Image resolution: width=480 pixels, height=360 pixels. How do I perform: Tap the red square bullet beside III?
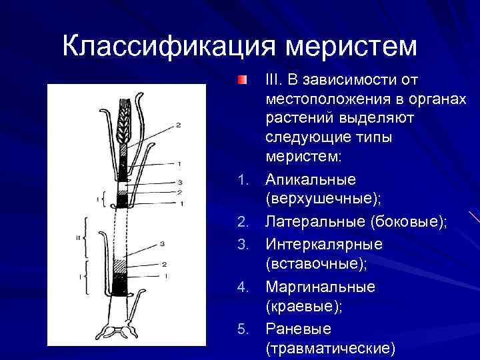point(241,81)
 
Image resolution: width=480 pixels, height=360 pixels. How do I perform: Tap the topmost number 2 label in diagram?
point(178,125)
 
